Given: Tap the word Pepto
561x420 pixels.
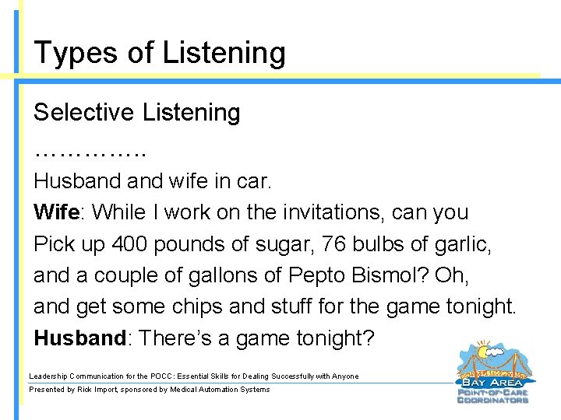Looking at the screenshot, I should [x=319, y=275].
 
